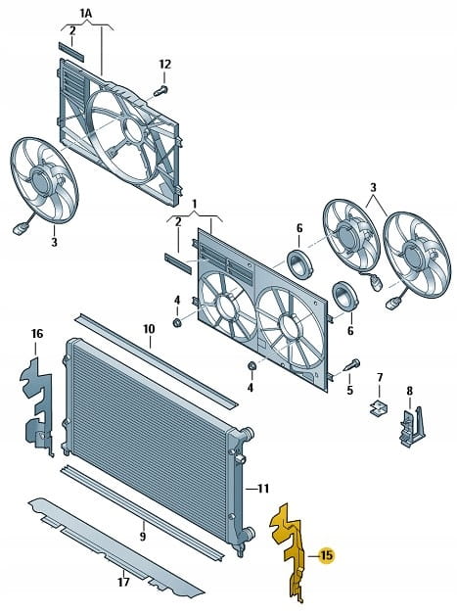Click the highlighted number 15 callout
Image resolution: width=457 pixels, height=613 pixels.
pos(327,555)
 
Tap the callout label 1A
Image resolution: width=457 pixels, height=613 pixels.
pos(85,14)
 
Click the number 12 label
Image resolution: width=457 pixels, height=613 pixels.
pos(165,65)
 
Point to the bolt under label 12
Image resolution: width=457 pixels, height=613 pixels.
pos(160,91)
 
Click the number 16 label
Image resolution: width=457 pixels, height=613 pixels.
pos(37,334)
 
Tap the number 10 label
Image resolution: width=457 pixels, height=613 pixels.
pos(149,329)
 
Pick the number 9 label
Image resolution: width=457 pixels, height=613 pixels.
pos(143,536)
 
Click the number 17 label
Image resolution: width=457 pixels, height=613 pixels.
pos(123,582)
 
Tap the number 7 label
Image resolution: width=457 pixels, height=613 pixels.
pos(380,378)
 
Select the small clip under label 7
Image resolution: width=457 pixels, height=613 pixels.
pos(379,407)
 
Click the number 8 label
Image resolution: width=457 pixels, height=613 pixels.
pos(409,391)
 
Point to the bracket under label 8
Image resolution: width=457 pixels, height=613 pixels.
pos(411,426)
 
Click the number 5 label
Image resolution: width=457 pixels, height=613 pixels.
pos(349,390)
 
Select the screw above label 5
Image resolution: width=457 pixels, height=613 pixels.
pos(351,364)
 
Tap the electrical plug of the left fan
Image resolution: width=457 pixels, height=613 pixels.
pos(20,228)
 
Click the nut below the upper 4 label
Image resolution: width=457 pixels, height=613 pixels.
pos(177,322)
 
